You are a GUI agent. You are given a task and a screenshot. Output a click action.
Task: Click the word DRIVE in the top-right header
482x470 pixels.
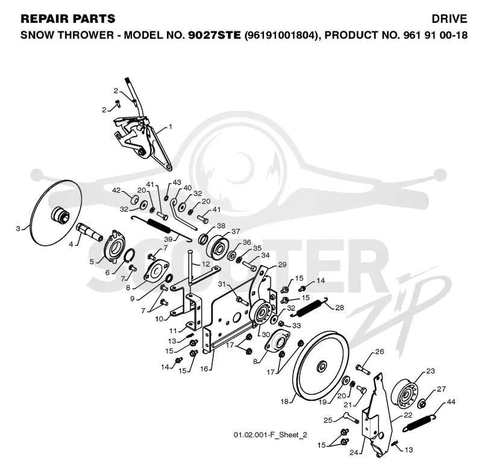click(x=449, y=19)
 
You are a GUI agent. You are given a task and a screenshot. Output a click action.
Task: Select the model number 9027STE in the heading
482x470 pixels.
click(x=214, y=35)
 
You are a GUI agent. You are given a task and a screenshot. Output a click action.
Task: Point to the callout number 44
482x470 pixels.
click(x=451, y=401)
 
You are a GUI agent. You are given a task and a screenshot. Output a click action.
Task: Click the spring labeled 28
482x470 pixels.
click(x=310, y=307)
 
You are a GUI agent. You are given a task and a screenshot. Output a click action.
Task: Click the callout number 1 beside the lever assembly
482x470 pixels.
click(x=171, y=127)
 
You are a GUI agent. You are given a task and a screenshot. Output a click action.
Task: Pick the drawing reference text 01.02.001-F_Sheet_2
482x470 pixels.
click(x=270, y=434)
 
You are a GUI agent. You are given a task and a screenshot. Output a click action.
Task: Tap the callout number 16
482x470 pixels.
click(x=204, y=369)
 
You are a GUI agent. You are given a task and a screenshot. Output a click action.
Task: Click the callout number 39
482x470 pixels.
click(x=168, y=239)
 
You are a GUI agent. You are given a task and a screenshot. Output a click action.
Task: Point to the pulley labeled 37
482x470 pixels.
click(x=218, y=246)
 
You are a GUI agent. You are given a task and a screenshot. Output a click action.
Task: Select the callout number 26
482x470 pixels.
click(x=380, y=351)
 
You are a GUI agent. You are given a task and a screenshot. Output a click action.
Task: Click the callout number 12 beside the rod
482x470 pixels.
click(x=205, y=264)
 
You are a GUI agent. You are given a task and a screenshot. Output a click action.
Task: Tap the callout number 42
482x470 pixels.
click(x=116, y=190)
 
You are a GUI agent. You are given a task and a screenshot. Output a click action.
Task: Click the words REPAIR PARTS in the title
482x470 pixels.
click(x=68, y=19)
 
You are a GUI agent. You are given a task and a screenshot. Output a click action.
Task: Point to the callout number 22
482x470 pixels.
click(x=408, y=415)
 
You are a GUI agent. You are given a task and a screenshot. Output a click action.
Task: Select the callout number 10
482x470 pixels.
click(x=159, y=319)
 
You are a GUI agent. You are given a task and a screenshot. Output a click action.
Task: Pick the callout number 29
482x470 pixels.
click(x=282, y=265)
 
